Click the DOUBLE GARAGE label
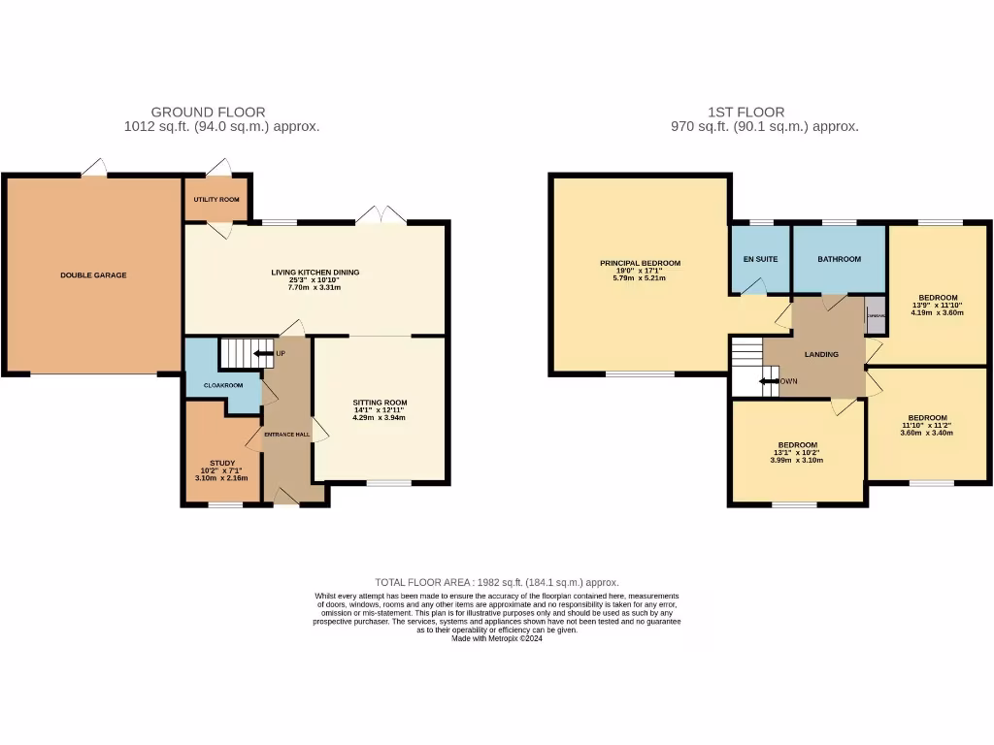coord(93,275)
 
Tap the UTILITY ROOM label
coord(217,200)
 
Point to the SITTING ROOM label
coord(380,403)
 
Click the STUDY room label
coord(222,464)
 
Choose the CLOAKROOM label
coord(223,385)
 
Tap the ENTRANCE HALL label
coord(286,435)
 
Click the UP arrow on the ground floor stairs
coord(264,354)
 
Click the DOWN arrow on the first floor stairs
coord(770,381)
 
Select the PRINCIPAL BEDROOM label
coord(640,263)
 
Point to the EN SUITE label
coord(761,259)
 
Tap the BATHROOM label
coord(839,259)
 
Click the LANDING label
coord(821,354)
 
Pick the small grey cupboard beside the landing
coord(876,316)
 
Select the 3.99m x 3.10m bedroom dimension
coord(796,460)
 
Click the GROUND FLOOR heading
coord(208,113)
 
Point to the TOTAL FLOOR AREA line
coord(496,582)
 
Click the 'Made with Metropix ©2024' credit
coord(496,638)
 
